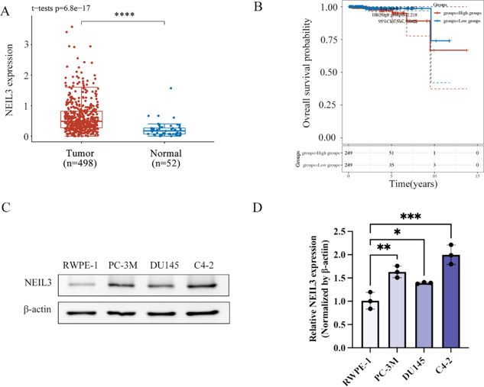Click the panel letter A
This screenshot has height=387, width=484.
[x=7, y=8]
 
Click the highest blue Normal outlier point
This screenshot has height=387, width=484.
[x=171, y=88]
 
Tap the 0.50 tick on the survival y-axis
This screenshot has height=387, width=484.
[x=328, y=73]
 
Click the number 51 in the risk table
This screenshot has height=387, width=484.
[x=392, y=153]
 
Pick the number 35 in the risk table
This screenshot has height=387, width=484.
[x=392, y=164]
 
